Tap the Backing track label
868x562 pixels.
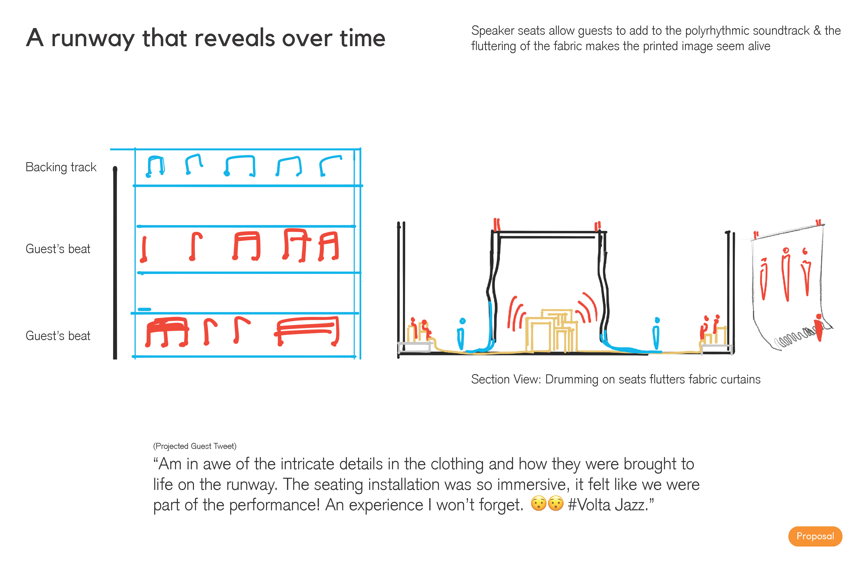(x=61, y=167)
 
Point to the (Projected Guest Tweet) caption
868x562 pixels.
(x=195, y=446)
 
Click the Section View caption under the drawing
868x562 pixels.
(x=616, y=379)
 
